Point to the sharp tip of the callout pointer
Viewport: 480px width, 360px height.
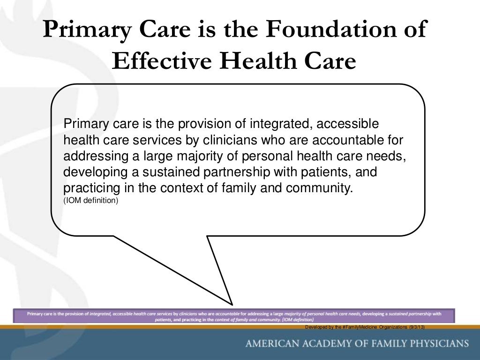click(232, 304)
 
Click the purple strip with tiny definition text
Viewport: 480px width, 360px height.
click(234, 315)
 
